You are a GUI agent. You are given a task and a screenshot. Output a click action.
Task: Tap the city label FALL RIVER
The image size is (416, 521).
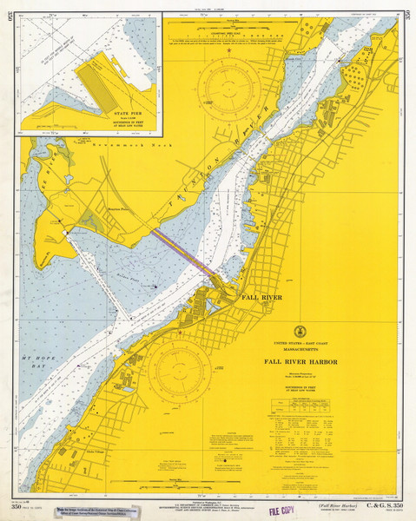(x=261, y=297)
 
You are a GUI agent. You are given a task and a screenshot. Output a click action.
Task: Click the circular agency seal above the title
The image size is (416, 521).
(x=300, y=331)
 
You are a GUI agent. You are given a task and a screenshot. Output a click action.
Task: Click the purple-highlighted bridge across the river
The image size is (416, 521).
(x=184, y=253)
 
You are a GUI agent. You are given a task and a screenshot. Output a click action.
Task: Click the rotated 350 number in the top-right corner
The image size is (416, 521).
(x=407, y=15)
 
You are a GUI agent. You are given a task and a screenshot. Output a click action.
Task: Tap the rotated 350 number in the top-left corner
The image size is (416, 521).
(x=9, y=15)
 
